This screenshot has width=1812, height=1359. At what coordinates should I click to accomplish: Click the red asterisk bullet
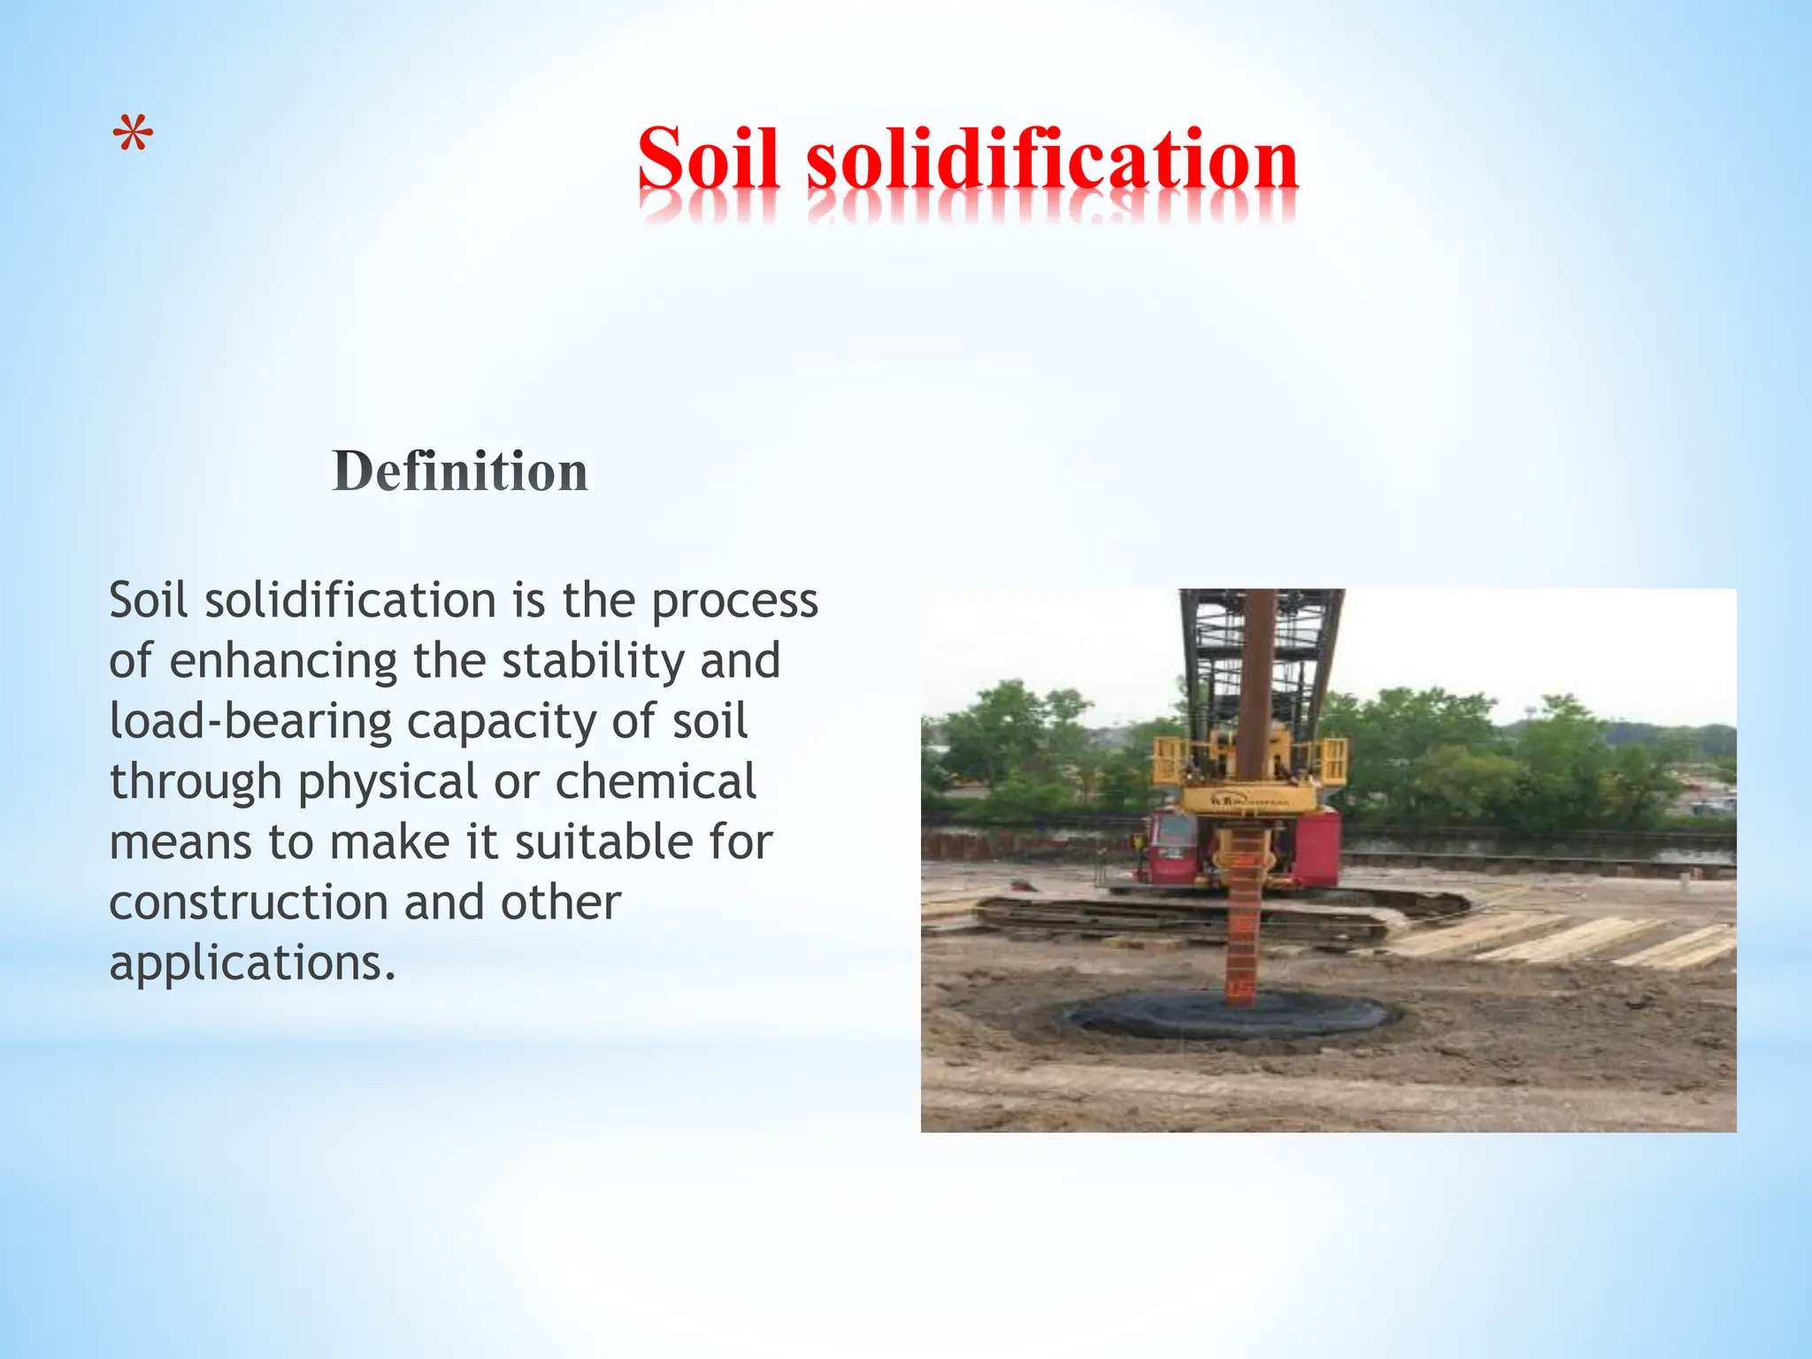click(133, 136)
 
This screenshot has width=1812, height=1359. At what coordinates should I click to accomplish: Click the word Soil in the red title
click(708, 159)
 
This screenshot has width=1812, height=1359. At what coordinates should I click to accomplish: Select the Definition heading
click(460, 471)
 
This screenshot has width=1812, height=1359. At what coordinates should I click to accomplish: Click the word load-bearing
click(250, 722)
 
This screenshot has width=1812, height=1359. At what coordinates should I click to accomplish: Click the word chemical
click(656, 782)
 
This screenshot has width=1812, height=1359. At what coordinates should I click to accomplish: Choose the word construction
click(249, 903)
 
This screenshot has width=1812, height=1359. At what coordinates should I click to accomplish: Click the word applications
click(252, 964)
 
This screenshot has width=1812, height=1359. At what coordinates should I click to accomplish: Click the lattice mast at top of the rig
click(1261, 655)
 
